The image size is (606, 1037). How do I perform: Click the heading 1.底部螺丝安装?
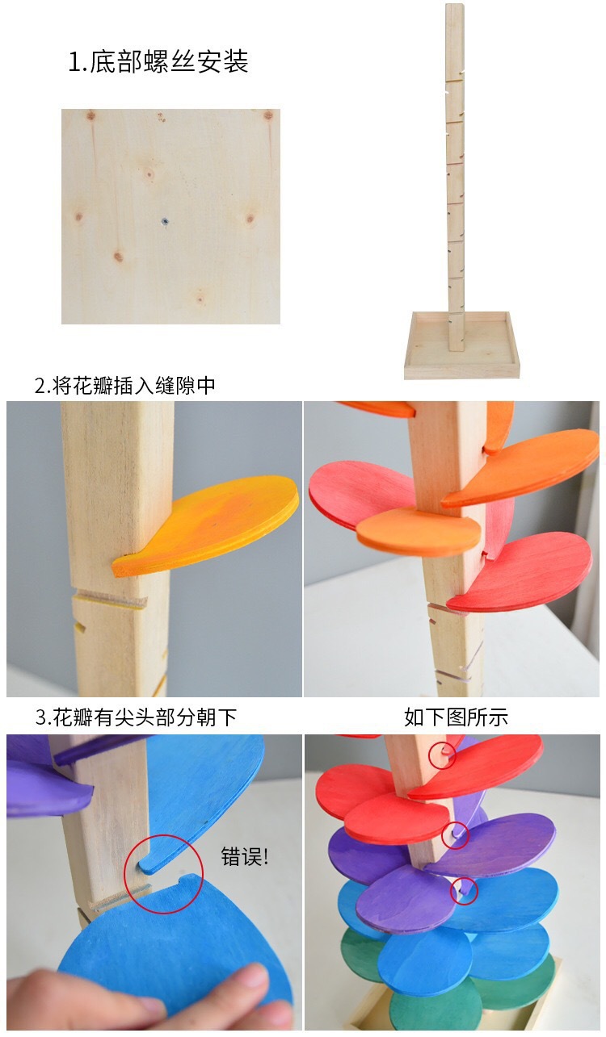158,61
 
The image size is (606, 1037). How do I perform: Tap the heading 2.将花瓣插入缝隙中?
125,386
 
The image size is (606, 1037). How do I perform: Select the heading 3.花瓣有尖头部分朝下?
136,717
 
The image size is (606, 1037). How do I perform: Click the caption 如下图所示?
456,717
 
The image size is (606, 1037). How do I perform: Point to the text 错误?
244,856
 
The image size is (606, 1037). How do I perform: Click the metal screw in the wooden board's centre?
165,221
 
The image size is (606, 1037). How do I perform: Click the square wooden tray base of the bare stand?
462,345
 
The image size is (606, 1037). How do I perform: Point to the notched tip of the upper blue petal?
147,863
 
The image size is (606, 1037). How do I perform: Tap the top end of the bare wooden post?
455,6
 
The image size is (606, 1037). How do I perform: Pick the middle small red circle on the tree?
456,835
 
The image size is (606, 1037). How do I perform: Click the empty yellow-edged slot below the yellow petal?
111,602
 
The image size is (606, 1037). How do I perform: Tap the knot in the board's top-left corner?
90,115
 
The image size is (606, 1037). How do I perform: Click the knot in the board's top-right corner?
268,115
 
